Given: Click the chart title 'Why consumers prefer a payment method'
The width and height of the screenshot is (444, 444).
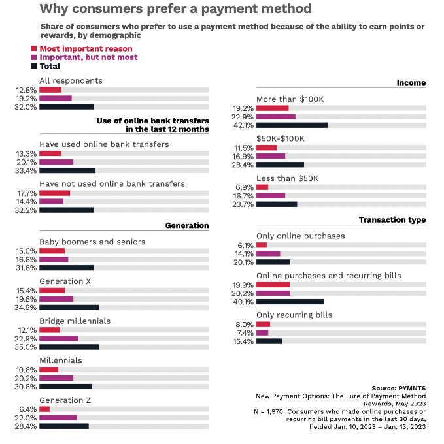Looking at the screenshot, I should (175, 9).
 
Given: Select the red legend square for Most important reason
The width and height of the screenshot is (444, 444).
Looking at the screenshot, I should (35, 49).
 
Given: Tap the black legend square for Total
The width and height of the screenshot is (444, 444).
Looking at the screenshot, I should (35, 66).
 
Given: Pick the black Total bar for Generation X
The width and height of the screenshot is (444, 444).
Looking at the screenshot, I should (69, 307).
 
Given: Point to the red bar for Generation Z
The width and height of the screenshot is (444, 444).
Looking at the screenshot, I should (44, 409).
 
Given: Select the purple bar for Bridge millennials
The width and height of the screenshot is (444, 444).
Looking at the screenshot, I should (59, 338).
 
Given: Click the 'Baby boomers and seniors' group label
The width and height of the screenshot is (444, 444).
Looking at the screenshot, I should (92, 242).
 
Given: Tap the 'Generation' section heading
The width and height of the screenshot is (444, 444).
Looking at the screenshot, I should (187, 225).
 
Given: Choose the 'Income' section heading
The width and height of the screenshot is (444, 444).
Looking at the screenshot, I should (411, 82).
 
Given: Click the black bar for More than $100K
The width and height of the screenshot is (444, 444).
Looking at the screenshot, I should (292, 125).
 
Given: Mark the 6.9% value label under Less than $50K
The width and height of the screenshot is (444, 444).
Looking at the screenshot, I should (245, 187).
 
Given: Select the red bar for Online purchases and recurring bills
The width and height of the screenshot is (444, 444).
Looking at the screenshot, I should (273, 285).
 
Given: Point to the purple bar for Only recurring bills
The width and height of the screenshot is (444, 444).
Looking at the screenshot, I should (262, 332).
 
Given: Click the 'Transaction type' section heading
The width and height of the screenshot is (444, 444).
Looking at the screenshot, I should (392, 220).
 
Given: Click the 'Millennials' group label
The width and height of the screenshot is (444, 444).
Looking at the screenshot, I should (61, 360).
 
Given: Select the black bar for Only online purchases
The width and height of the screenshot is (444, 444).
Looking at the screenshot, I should (273, 262).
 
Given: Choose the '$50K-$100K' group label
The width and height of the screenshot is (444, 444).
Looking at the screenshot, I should (281, 138).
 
